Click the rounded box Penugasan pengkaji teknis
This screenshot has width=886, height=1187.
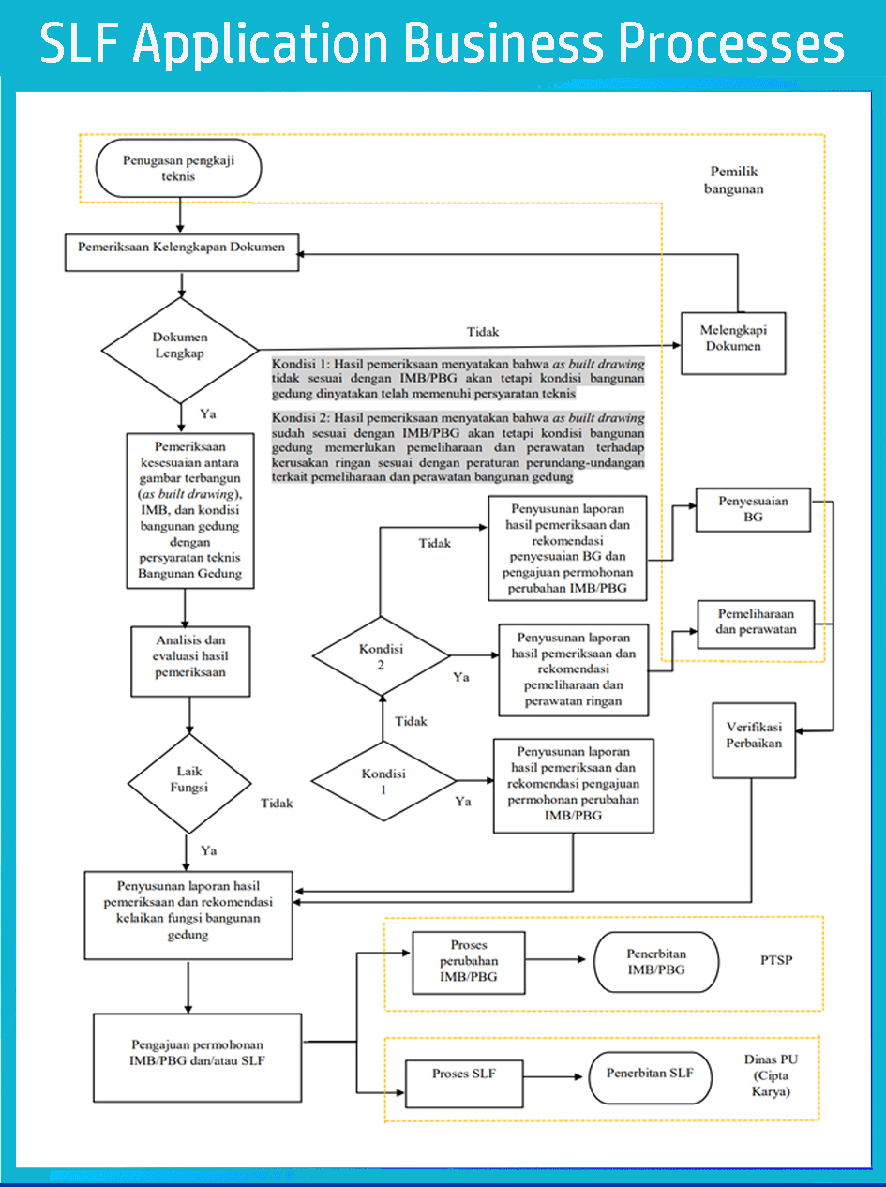click(x=178, y=169)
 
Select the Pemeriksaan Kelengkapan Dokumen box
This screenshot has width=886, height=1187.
click(x=182, y=248)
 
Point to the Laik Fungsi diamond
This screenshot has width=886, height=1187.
click(x=188, y=780)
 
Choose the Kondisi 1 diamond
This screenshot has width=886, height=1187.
click(x=383, y=780)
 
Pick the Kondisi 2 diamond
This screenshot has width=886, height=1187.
click(x=381, y=656)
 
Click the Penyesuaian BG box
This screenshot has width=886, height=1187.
click(x=753, y=509)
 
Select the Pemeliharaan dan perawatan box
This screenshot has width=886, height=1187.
click(x=756, y=623)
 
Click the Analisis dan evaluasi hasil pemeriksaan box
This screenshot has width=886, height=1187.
click(x=191, y=656)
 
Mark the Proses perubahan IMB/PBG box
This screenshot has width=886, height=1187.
click(x=468, y=962)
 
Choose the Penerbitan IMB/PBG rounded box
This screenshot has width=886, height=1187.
click(x=655, y=962)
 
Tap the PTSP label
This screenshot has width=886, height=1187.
click(x=776, y=961)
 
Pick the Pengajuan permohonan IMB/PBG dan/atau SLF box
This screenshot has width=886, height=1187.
click(x=197, y=1053)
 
